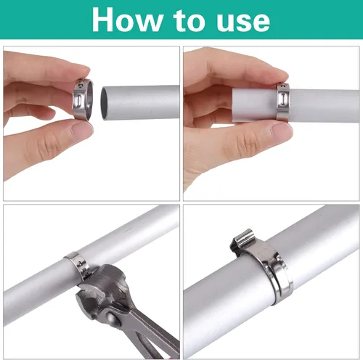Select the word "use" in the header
(243, 22)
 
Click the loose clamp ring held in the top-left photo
(83, 99)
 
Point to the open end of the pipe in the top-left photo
(105, 103)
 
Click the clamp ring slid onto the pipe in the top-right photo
(282, 102)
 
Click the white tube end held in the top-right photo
(254, 105)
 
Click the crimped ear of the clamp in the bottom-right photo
(242, 240)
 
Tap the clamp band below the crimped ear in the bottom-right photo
(278, 278)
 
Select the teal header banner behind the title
(181, 20)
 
